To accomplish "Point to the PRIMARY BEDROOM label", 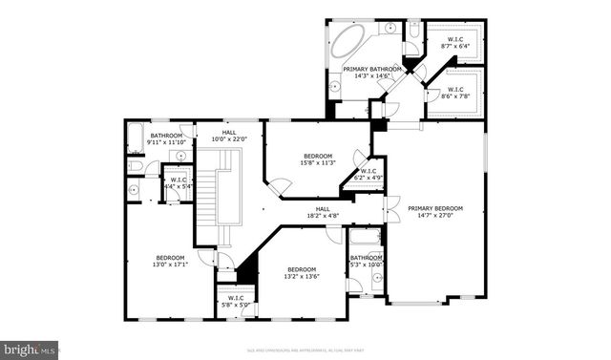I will click(x=435, y=212).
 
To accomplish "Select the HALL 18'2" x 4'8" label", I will click(x=323, y=213).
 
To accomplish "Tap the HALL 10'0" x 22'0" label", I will click(x=229, y=137).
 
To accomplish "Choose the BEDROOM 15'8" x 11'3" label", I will click(x=318, y=159).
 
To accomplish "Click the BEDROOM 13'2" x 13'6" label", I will click(x=301, y=273).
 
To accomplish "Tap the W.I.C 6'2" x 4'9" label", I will click(x=369, y=176).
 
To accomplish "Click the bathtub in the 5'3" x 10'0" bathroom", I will click(x=364, y=239).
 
